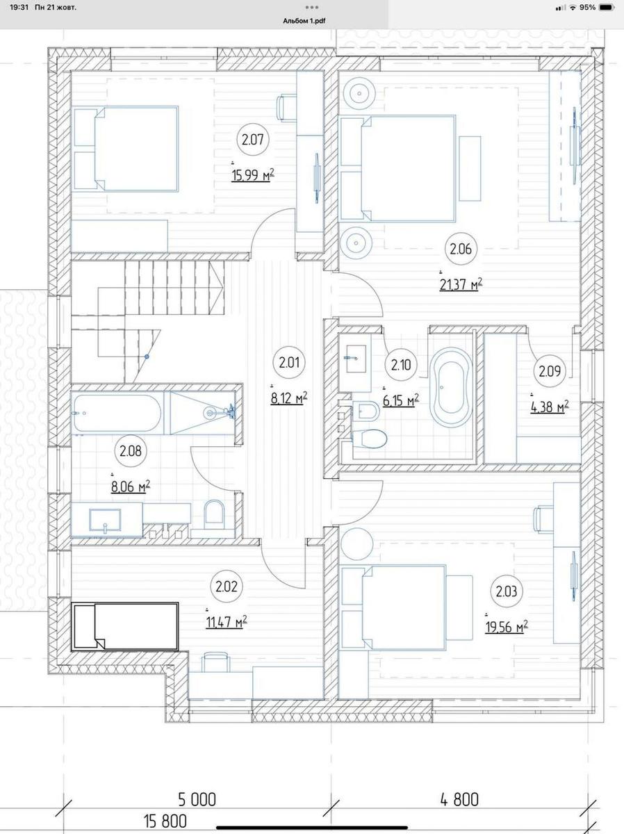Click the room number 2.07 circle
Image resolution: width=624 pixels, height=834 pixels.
253,140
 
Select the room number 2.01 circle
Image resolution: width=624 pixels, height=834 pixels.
289,363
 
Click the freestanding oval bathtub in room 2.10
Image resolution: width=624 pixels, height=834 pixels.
451,388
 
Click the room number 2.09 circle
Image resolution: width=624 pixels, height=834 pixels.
550,371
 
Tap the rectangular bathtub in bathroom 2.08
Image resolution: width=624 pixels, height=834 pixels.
117,414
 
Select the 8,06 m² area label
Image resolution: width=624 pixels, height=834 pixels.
130,486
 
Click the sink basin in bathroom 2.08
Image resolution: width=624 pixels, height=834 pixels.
105,520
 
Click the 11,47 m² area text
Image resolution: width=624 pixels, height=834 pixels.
227,622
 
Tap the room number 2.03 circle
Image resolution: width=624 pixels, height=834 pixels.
507,591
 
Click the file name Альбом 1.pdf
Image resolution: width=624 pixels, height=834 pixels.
304,22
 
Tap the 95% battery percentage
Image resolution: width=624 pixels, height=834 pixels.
588,7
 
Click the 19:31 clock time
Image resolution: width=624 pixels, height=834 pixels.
19,7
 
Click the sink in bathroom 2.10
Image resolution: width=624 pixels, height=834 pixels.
356,359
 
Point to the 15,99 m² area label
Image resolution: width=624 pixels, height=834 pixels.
252,175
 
